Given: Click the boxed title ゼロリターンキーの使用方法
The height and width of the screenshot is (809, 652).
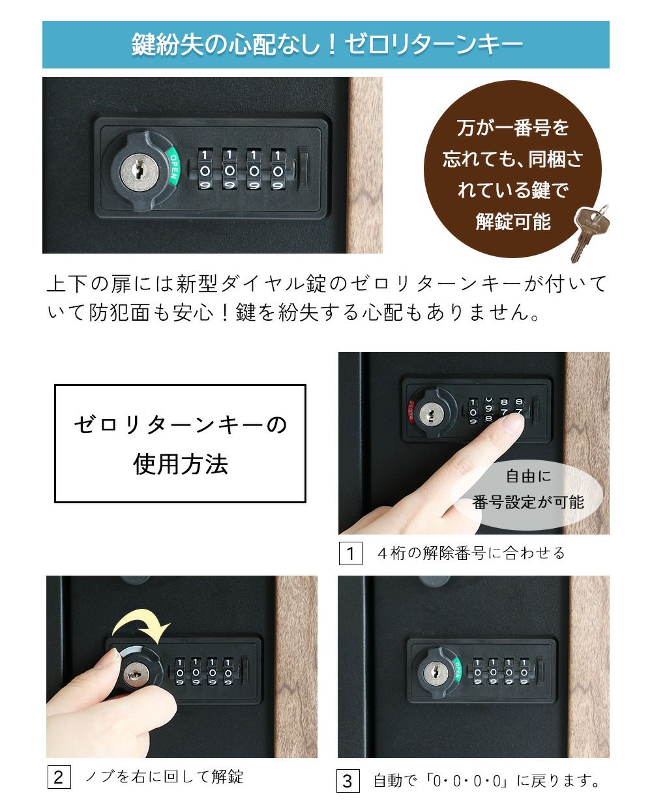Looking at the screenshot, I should (x=180, y=443).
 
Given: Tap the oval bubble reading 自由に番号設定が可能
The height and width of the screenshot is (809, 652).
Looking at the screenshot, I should (x=528, y=490).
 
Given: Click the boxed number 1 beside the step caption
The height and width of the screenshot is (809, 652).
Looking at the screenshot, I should (x=350, y=553).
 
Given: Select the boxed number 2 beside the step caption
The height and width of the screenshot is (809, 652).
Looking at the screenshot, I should (x=58, y=777).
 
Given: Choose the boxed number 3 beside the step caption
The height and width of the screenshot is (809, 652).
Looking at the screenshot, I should (x=348, y=780).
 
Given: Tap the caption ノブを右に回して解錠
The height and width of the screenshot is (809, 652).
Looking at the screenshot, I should (x=164, y=776).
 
